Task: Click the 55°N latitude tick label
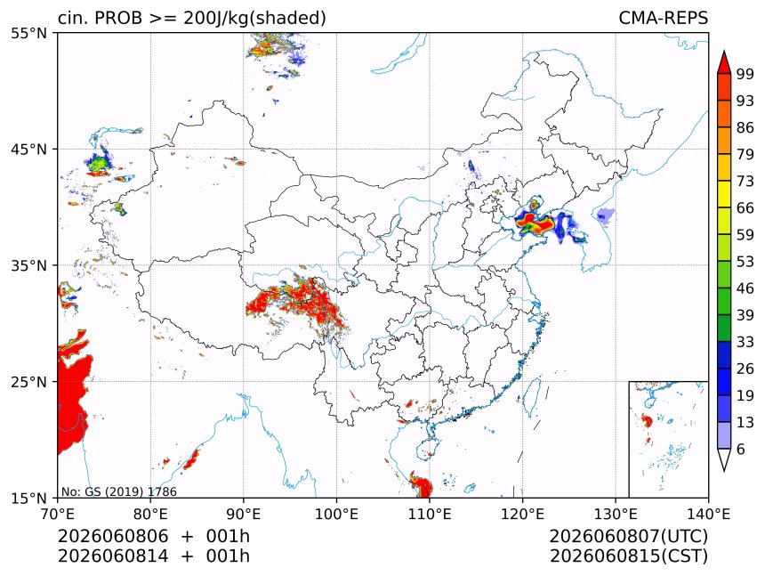coord(28,33)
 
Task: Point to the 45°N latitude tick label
coord(28,149)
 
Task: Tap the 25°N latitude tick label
coord(28,381)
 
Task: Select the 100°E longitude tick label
coord(336,514)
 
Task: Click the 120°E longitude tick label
coord(522,514)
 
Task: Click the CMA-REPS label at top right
coord(663,18)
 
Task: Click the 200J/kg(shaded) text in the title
coord(254,19)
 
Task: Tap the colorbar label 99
coord(745,74)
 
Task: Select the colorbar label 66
coord(745,208)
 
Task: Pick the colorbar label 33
coord(745,342)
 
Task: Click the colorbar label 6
coord(741,449)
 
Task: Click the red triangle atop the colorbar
coord(724,63)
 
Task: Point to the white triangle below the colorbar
coord(724,458)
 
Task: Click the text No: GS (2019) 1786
coord(119,491)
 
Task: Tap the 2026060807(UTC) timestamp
coord(628,536)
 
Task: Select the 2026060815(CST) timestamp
coord(628,556)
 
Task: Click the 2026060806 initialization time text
coord(113,536)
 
